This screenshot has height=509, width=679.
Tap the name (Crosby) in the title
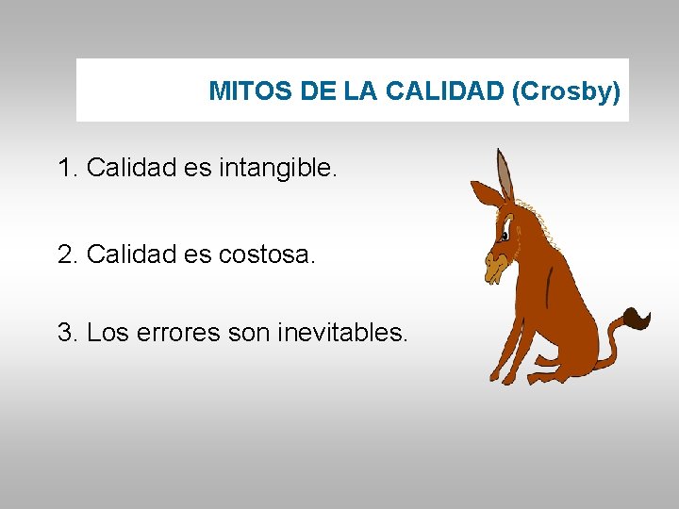click(x=566, y=91)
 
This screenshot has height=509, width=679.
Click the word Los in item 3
click(x=106, y=333)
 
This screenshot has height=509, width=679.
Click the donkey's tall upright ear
click(x=505, y=174)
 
